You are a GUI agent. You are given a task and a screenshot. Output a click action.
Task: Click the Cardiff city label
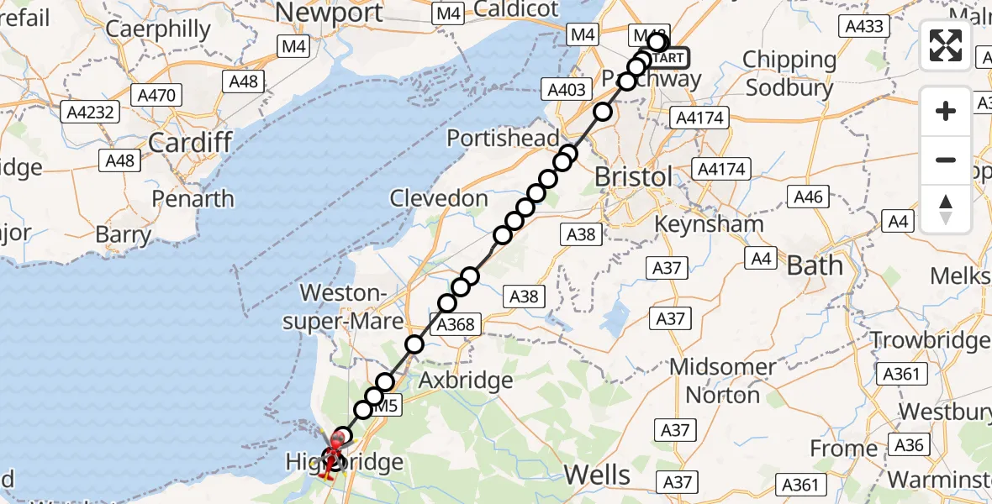(x=189, y=142)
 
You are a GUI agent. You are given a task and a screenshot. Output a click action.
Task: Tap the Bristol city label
(x=633, y=177)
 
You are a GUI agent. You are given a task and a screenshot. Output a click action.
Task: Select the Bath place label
(x=814, y=265)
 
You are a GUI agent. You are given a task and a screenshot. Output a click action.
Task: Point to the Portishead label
(x=503, y=139)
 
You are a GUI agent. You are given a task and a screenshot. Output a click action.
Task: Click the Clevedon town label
(x=438, y=199)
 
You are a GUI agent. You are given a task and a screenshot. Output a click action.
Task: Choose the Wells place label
(x=610, y=475)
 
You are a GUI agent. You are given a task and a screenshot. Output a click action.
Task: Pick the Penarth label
(x=192, y=199)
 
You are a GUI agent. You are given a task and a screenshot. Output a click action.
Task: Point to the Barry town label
(x=123, y=234)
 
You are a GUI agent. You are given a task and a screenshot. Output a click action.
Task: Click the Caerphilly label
(x=159, y=29)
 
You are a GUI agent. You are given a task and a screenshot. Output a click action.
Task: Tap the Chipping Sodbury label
(x=789, y=73)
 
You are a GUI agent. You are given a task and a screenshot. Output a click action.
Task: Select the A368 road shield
(x=456, y=324)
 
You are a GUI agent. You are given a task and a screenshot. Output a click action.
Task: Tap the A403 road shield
(x=567, y=90)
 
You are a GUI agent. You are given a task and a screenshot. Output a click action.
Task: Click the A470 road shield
(x=157, y=95)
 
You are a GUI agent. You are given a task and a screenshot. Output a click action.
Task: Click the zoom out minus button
(x=946, y=160)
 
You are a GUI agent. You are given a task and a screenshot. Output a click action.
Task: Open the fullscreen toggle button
(x=946, y=45)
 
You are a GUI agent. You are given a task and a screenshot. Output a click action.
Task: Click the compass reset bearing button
(x=946, y=208)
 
